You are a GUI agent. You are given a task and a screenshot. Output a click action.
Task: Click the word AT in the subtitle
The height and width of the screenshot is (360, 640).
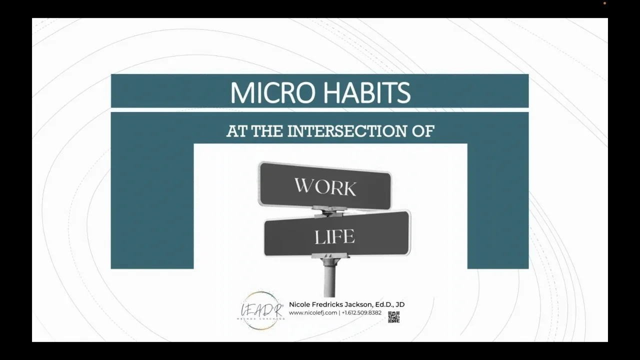pyautogui.click(x=237, y=131)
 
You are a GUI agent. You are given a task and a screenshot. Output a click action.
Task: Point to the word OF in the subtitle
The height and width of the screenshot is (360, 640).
pyautogui.click(x=424, y=131)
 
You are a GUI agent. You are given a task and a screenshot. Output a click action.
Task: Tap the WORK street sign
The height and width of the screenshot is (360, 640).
pyautogui.click(x=325, y=186)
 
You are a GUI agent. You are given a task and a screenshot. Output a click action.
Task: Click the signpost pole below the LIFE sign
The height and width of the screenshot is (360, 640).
pyautogui.click(x=329, y=280)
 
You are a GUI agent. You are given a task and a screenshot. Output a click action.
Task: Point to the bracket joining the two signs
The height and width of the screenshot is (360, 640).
pyautogui.click(x=329, y=211)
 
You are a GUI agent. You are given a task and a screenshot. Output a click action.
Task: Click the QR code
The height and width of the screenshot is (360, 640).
pyautogui.click(x=393, y=316)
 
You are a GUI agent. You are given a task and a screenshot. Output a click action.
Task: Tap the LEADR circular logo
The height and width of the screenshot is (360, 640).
pyautogui.click(x=260, y=310)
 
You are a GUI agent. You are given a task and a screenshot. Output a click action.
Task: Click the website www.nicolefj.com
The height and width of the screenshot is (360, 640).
pyautogui.click(x=313, y=313)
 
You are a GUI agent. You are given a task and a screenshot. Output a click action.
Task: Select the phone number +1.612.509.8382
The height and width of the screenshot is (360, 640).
pyautogui.click(x=361, y=313)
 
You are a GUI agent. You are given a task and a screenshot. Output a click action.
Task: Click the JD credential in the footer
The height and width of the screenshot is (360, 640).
pyautogui.click(x=400, y=304)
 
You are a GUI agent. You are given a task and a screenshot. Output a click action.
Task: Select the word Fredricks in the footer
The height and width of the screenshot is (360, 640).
pyautogui.click(x=327, y=304)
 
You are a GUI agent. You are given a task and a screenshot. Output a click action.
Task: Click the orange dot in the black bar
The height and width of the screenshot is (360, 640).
pyautogui.click(x=604, y=3)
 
